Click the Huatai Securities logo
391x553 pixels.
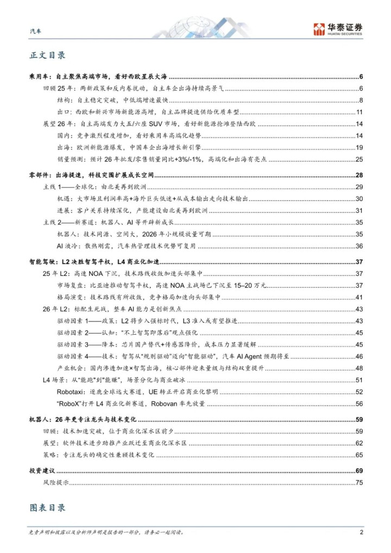338,28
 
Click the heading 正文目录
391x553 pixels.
47,55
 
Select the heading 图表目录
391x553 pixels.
47,507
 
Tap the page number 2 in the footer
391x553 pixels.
361,532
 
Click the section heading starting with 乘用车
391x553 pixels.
104,76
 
